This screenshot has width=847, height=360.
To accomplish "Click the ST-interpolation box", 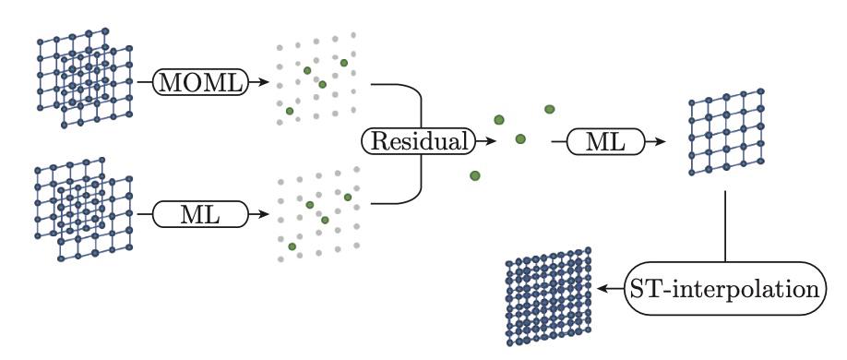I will click(x=724, y=288).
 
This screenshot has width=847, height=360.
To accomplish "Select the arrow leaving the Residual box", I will click(x=482, y=142).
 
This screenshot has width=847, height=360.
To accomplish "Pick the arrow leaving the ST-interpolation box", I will click(x=609, y=288).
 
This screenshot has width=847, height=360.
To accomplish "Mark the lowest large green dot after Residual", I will click(x=475, y=175).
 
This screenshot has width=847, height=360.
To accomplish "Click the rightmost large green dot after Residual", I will click(x=549, y=109).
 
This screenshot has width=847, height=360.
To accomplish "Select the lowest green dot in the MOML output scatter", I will click(x=290, y=111).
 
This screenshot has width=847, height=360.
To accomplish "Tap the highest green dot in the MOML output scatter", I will click(x=344, y=62).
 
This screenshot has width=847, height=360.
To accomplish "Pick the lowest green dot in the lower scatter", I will click(x=292, y=246).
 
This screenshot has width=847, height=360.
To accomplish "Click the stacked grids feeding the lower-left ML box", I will click(x=81, y=210).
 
